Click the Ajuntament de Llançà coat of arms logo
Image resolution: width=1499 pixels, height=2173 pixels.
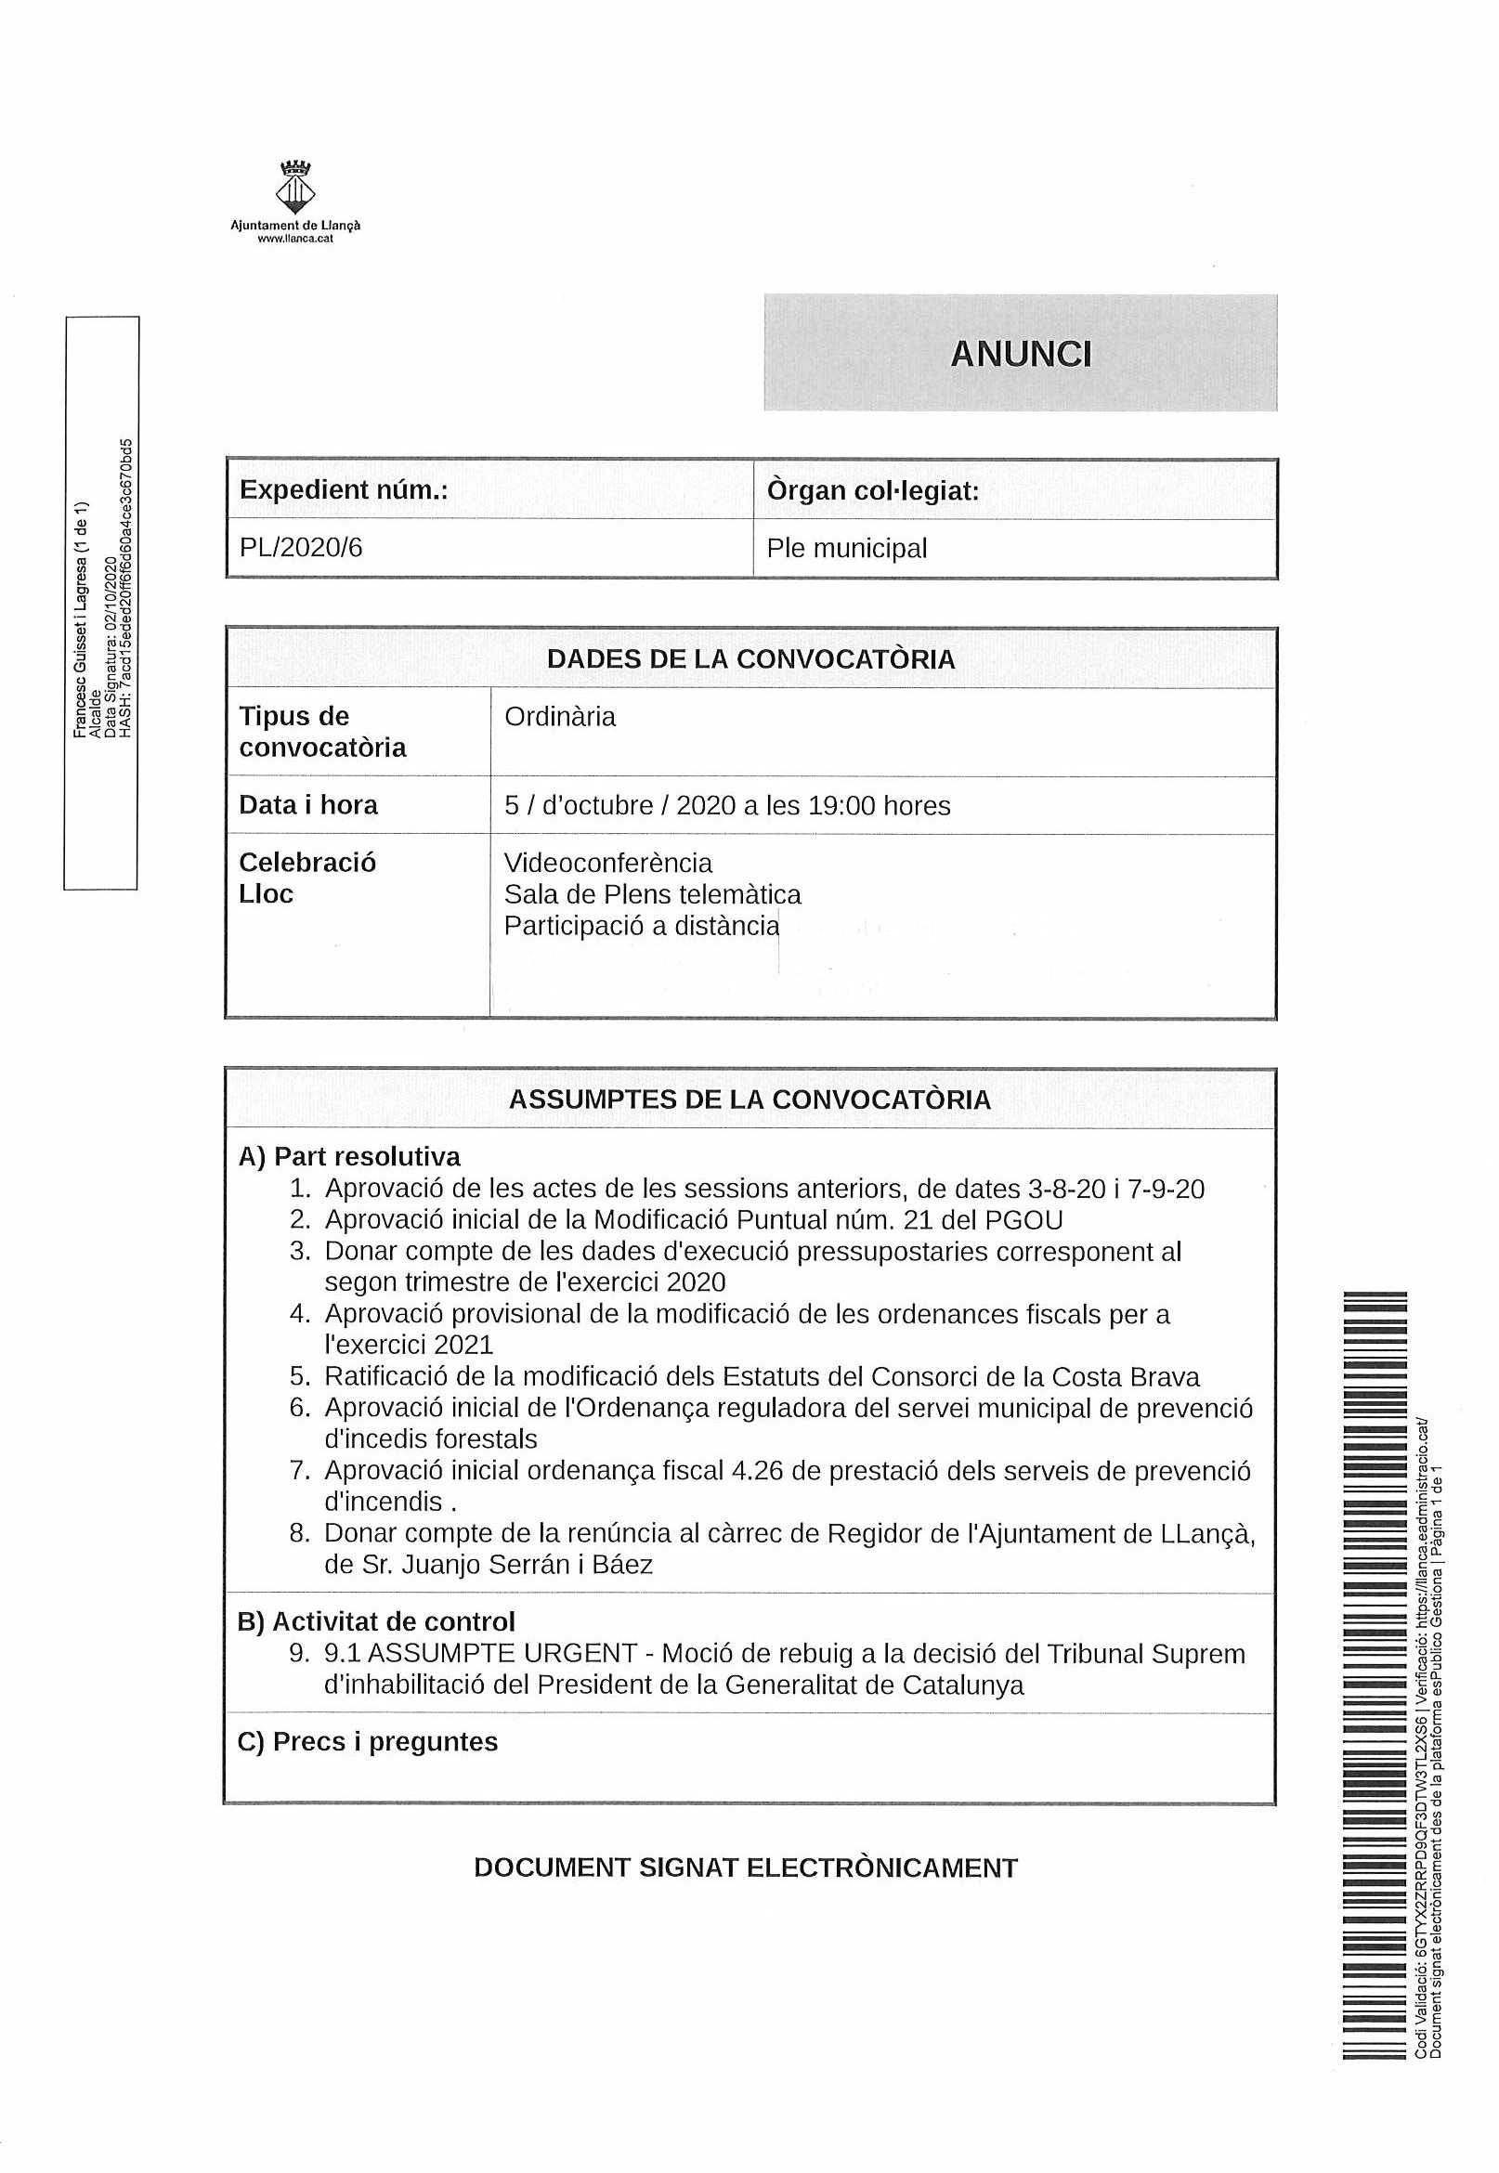coord(295,187)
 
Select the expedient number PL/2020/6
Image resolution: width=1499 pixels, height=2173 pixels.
coord(301,548)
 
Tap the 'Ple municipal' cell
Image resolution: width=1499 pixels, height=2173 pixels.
coord(846,549)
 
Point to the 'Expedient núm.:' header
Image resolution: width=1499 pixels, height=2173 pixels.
coord(343,490)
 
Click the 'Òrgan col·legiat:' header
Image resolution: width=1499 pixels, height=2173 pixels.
coord(872,491)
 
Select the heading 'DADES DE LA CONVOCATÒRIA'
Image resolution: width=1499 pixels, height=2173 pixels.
coord(750,659)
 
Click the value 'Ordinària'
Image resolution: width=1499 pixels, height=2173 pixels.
coord(560,718)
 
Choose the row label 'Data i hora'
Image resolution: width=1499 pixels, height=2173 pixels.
coord(308,805)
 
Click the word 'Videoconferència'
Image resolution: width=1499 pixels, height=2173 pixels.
coord(607,863)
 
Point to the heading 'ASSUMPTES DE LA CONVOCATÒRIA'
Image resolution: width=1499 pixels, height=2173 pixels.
coord(749,1100)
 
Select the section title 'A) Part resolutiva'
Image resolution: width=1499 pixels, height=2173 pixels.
coord(349,1157)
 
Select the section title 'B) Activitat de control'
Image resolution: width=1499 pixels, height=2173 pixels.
coord(376,1621)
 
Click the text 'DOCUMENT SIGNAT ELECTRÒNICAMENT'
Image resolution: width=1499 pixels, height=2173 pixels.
coord(746,1867)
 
